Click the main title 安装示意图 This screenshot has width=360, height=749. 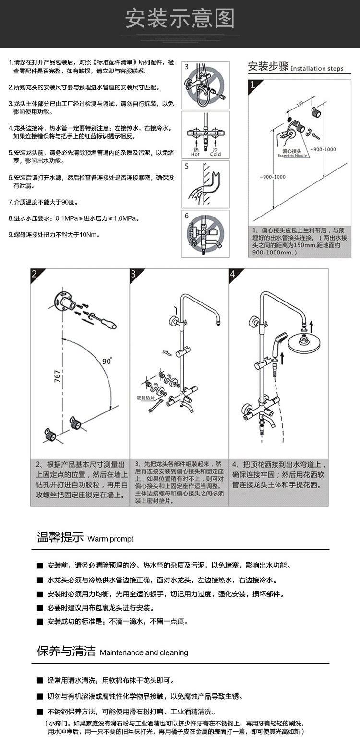[x=180, y=19]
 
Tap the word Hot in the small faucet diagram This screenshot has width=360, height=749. [x=195, y=154]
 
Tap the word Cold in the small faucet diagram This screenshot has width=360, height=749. [x=216, y=154]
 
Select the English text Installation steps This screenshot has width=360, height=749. [x=317, y=69]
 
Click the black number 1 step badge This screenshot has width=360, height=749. [x=254, y=86]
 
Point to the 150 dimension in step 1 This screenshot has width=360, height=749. [x=300, y=104]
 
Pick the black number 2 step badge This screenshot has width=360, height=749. [x=35, y=274]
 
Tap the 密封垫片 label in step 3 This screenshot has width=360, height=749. [x=145, y=398]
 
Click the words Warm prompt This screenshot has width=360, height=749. [x=110, y=539]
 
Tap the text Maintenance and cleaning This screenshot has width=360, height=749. [x=144, y=652]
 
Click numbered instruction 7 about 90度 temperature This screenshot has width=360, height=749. [x=43, y=201]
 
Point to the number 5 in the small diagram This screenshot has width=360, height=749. [x=187, y=168]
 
